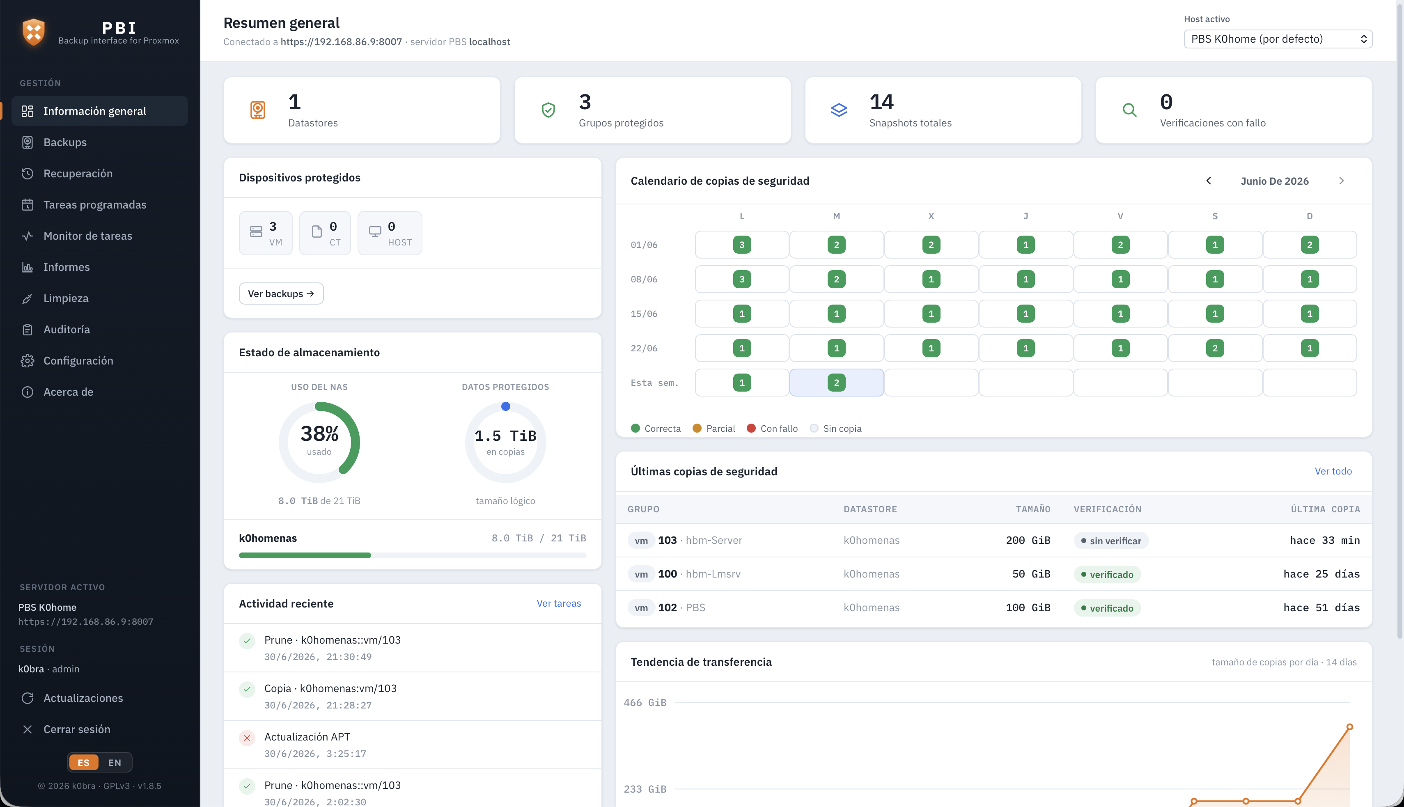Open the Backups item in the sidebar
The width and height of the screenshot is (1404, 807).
[65, 142]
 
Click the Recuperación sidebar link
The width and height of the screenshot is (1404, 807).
[78, 174]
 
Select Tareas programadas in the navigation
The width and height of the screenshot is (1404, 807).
[95, 204]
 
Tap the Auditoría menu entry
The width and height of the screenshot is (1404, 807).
[67, 329]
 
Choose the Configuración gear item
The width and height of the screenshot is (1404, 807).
[78, 361]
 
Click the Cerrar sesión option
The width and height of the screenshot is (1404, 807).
[76, 729]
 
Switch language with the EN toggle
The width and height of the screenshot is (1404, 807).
[115, 763]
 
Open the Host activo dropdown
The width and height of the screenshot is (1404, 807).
[1278, 39]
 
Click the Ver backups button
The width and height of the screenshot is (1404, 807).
[281, 294]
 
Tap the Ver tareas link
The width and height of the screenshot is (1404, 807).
[559, 603]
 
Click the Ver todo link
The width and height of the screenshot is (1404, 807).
[1333, 471]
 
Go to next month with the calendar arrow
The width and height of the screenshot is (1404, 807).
[1341, 181]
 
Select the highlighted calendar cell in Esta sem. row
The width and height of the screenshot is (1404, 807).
[836, 383]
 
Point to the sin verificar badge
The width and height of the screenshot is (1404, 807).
[1111, 541]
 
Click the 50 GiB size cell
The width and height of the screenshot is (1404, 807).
[1031, 574]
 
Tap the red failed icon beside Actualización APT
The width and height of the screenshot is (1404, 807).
[247, 738]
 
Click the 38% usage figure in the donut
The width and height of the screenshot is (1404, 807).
[319, 433]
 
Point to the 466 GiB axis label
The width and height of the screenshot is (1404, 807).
[645, 703]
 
